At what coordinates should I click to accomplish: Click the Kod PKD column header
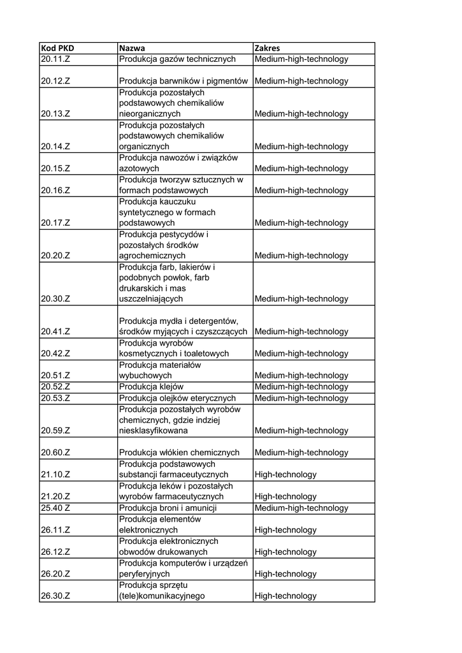click(57, 48)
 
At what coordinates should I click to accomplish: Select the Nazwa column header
click(132, 48)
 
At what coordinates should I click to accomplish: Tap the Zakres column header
click(267, 48)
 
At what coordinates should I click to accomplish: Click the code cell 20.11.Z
click(55, 59)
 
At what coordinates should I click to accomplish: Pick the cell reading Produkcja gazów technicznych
click(177, 59)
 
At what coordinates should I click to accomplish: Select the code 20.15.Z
click(55, 168)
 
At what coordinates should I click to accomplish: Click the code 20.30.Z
click(55, 298)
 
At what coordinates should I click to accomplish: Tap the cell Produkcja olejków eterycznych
click(177, 398)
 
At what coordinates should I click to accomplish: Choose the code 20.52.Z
click(55, 386)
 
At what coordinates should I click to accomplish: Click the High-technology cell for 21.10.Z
click(285, 474)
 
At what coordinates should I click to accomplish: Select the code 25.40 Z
click(55, 508)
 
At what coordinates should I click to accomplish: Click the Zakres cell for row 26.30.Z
click(285, 596)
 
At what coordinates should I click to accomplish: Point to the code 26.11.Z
click(55, 530)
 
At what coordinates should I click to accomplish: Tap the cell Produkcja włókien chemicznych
click(179, 453)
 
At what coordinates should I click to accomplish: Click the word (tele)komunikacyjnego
click(163, 596)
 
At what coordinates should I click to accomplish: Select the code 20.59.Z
click(55, 430)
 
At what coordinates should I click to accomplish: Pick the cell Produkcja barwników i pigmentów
click(183, 81)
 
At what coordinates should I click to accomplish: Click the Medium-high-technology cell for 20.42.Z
click(301, 353)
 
